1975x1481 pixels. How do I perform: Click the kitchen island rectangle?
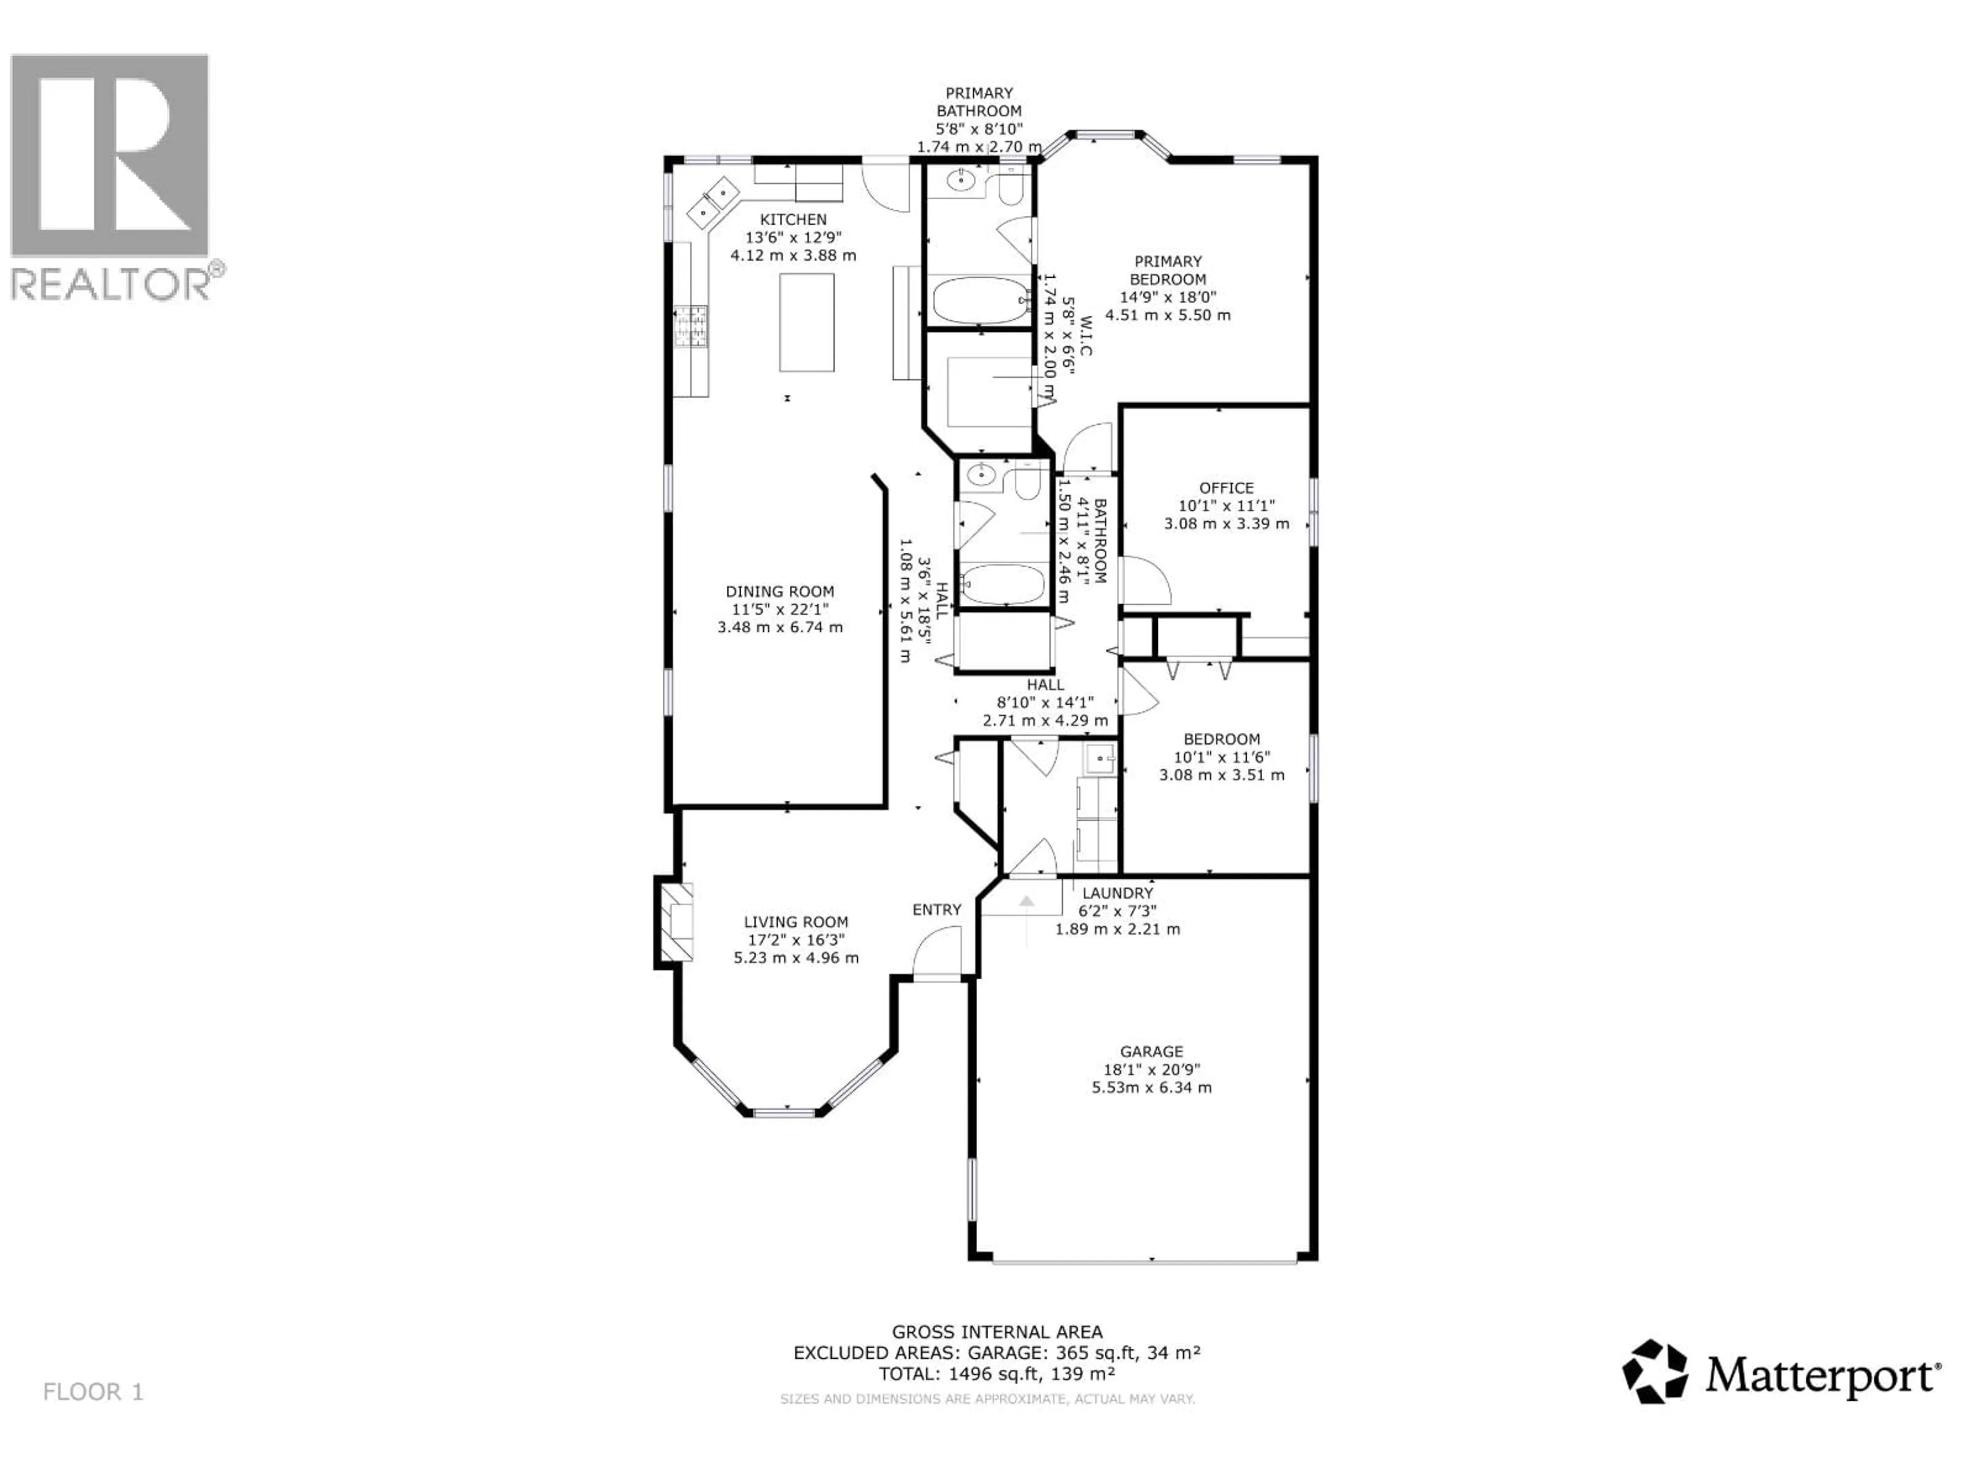[806, 322]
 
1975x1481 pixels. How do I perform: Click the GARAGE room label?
[1152, 1052]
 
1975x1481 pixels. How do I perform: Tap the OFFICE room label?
[1226, 487]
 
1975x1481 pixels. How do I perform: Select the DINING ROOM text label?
[780, 591]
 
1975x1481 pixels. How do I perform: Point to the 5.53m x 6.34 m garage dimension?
[1152, 1087]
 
